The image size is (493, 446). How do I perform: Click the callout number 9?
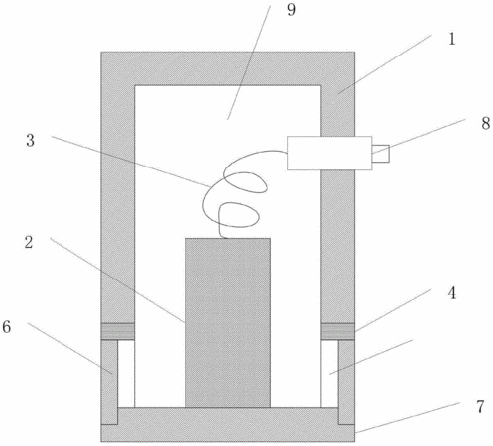[x=291, y=10]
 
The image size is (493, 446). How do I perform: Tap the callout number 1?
[x=452, y=39]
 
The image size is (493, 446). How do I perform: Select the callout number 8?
[x=485, y=123]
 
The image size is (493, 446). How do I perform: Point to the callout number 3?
[x=30, y=141]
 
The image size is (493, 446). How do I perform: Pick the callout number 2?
[x=29, y=242]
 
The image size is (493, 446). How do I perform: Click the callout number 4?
[x=452, y=293]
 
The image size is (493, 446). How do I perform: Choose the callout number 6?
[x=7, y=327]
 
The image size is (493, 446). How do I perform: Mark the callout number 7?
[x=480, y=406]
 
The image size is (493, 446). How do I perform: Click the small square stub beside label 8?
[x=381, y=154]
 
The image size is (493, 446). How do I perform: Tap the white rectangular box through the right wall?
[x=329, y=154]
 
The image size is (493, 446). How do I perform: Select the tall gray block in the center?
[x=227, y=323]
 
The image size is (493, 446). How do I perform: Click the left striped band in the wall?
[x=118, y=331]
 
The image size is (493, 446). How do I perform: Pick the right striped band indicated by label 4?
[x=338, y=331]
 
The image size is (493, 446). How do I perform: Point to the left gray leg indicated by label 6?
[x=109, y=383]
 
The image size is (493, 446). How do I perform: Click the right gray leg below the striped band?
[x=346, y=383]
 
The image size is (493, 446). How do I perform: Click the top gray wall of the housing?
[x=228, y=68]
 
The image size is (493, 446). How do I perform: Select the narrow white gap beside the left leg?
[x=126, y=374]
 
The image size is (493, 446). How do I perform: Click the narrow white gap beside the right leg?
[x=329, y=374]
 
